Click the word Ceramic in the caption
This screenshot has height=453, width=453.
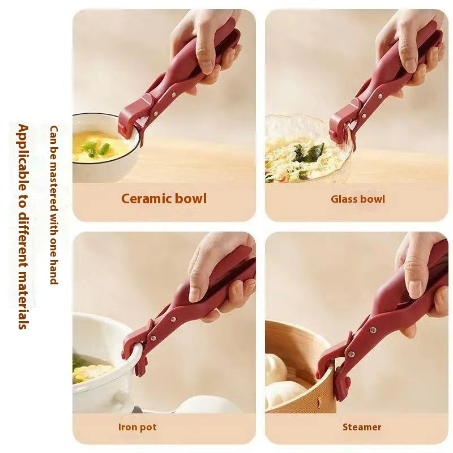[x=146, y=199]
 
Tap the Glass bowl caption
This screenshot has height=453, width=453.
[x=358, y=199]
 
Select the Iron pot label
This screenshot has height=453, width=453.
[x=138, y=427]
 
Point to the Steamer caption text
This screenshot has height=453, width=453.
[x=362, y=427]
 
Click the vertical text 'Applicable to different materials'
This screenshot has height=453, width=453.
[x=23, y=226]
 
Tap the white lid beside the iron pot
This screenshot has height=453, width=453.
[x=204, y=404]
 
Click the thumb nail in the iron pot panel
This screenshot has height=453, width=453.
[x=195, y=292]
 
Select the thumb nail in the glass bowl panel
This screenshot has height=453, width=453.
[x=409, y=60]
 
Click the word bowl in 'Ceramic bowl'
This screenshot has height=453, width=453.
[x=190, y=199]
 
